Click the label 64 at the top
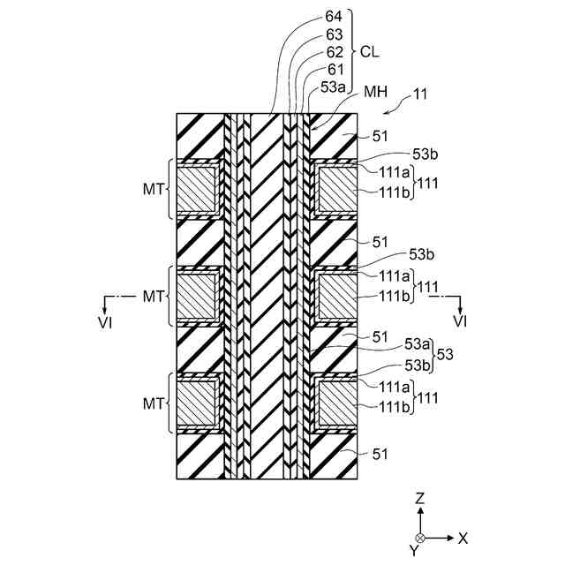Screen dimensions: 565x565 (334, 17)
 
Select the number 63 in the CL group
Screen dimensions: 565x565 (334, 34)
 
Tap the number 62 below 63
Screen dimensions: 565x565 (334, 52)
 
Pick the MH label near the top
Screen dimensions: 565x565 (373, 92)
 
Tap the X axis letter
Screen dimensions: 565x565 (463, 537)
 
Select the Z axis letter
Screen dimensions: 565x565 (420, 499)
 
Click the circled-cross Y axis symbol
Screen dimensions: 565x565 (420, 538)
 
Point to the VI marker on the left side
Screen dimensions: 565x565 (106, 317)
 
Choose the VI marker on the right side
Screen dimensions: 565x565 (459, 317)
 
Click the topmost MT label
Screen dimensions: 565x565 (153, 189)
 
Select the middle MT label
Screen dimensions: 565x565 (153, 297)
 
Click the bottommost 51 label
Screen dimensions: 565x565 (380, 454)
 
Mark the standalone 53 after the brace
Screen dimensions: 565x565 (445, 353)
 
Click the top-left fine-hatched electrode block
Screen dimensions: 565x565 (196, 189)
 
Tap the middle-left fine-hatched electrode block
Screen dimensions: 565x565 (196, 297)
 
